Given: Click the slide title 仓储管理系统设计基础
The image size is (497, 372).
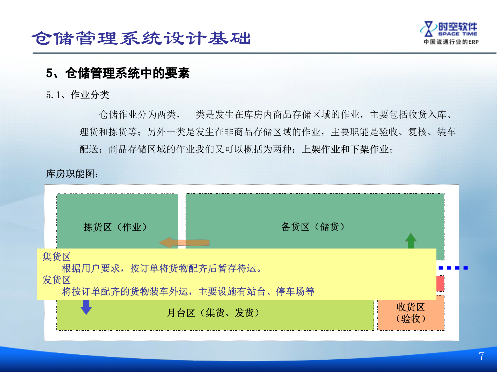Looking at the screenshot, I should (141, 38).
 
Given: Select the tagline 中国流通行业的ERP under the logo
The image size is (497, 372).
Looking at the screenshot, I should (451, 42).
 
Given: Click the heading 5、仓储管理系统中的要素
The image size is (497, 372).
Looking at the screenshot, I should (118, 73).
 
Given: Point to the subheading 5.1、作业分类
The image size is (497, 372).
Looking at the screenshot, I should (77, 95).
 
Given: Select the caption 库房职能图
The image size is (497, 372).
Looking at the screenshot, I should (72, 174).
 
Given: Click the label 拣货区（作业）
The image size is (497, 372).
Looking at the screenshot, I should (115, 227).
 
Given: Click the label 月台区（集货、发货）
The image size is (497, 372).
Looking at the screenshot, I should (213, 313).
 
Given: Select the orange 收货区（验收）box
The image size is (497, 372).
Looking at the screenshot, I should (411, 313).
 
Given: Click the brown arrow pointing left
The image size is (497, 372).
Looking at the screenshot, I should (184, 243).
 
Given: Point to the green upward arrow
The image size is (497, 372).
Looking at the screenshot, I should (411, 241).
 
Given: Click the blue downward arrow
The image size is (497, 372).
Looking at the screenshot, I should (86, 307).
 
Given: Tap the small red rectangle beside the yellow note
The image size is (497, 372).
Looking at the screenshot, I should (440, 283).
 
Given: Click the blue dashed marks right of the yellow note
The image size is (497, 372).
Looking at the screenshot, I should (453, 268).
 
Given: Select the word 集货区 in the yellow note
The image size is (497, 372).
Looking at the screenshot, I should (56, 257).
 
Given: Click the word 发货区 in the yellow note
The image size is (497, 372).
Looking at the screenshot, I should (56, 280).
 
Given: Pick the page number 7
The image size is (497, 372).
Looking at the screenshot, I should (481, 356).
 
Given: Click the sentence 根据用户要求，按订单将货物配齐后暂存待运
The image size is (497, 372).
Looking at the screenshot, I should (162, 268).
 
